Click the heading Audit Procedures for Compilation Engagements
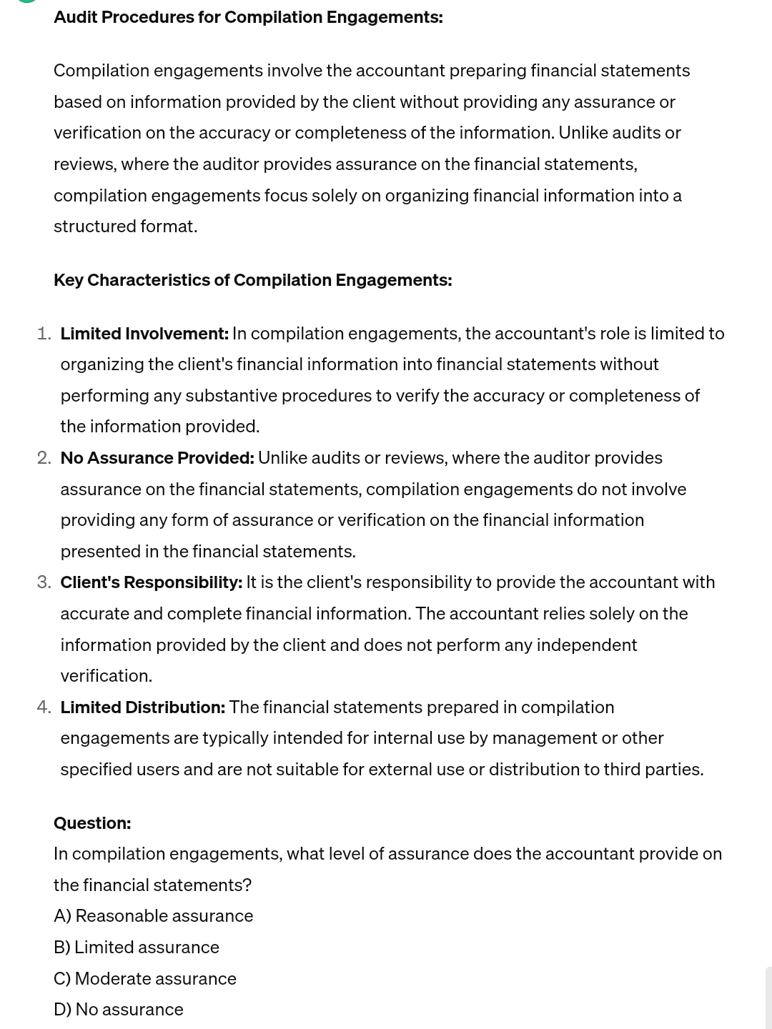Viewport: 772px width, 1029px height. (x=248, y=17)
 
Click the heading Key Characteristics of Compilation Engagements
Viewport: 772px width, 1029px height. (x=252, y=280)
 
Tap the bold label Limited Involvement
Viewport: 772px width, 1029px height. (x=144, y=334)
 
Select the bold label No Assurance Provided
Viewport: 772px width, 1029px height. (x=157, y=458)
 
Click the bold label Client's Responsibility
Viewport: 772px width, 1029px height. (x=151, y=582)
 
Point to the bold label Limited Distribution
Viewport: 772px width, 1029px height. (x=142, y=707)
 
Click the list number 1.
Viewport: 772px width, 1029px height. (x=44, y=334)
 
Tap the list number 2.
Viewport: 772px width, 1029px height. (x=44, y=458)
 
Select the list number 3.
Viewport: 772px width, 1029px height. (x=44, y=582)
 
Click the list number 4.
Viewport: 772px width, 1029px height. (x=44, y=707)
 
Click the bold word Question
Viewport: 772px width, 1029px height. (x=92, y=823)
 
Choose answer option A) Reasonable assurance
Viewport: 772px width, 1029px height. (x=153, y=916)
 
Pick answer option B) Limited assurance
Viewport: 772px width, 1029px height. (x=136, y=948)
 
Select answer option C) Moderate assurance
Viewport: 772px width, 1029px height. (x=144, y=979)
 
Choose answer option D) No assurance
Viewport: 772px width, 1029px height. (x=118, y=1010)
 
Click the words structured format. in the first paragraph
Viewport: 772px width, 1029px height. (x=125, y=227)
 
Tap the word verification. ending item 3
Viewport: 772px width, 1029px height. (x=106, y=676)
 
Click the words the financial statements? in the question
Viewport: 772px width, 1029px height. (x=152, y=885)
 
